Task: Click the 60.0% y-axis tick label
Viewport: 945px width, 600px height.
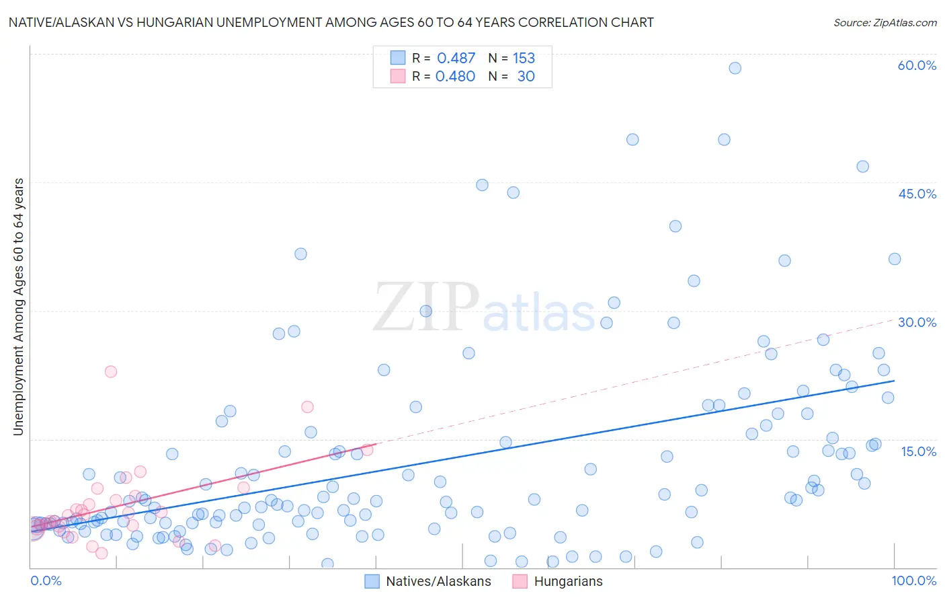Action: [917, 65]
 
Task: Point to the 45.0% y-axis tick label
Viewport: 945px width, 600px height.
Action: [917, 194]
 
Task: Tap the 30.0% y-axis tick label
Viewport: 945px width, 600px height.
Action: [917, 322]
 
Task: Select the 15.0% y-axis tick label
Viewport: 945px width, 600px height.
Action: [918, 451]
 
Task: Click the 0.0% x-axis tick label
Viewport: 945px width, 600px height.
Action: [46, 580]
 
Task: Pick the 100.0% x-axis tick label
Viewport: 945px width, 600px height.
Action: [913, 580]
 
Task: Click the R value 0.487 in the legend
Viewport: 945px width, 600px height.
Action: [456, 59]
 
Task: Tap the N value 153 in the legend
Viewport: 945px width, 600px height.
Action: [524, 59]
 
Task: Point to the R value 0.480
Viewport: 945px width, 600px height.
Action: [455, 77]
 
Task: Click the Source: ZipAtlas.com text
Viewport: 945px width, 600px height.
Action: [885, 23]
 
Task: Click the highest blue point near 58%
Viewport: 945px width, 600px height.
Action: [735, 68]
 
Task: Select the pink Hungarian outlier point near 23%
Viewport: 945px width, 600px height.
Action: [111, 371]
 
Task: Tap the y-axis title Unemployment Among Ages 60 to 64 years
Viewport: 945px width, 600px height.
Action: [18, 306]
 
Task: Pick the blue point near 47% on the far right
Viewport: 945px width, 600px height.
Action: [862, 166]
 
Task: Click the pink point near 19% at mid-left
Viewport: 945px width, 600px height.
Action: [307, 406]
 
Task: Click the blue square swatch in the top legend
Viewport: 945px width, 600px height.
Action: [398, 58]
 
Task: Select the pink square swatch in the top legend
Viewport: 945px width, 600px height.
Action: [398, 76]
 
